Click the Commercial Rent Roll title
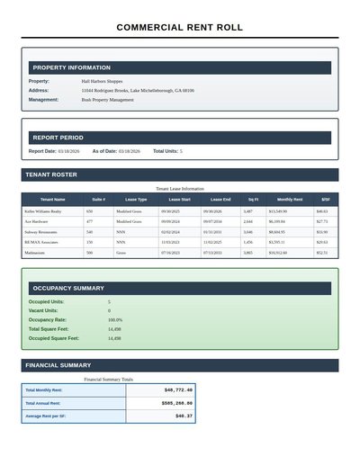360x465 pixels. point(180,28)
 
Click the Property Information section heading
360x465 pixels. point(71,67)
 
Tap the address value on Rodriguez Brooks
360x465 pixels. point(137,91)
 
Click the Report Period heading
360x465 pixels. point(58,138)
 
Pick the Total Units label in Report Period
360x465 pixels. point(165,151)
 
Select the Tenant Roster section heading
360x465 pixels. point(51,174)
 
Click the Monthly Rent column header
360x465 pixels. point(290,199)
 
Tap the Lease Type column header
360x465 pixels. point(136,199)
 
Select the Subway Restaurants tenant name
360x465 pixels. point(43,232)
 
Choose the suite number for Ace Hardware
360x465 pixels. point(89,221)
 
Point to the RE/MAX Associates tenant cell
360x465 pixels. point(41,243)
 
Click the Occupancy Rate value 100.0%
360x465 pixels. point(115,320)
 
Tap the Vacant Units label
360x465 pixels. point(43,310)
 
